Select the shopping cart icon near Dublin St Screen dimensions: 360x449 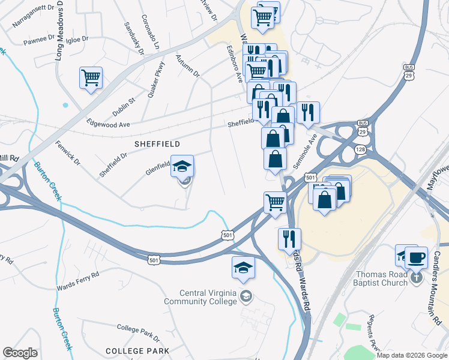click(x=91, y=77)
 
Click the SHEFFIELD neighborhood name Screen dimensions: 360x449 click(x=157, y=144)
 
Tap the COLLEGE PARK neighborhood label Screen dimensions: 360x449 click(x=137, y=350)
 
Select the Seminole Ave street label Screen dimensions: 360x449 click(x=304, y=154)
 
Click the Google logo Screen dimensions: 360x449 click(x=20, y=353)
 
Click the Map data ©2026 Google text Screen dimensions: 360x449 click(x=411, y=355)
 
